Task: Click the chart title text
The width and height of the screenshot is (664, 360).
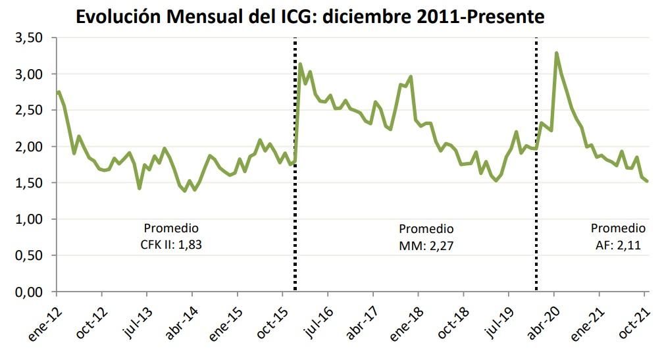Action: pyautogui.click(x=310, y=16)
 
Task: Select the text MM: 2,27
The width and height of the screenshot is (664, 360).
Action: pyautogui.click(x=426, y=247)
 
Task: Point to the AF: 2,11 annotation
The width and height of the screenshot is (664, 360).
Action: pyautogui.click(x=617, y=246)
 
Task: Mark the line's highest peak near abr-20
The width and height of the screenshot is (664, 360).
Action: pyautogui.click(x=557, y=53)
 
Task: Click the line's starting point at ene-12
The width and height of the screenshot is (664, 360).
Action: pyautogui.click(x=59, y=92)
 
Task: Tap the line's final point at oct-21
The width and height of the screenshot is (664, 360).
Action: pyautogui.click(x=648, y=181)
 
